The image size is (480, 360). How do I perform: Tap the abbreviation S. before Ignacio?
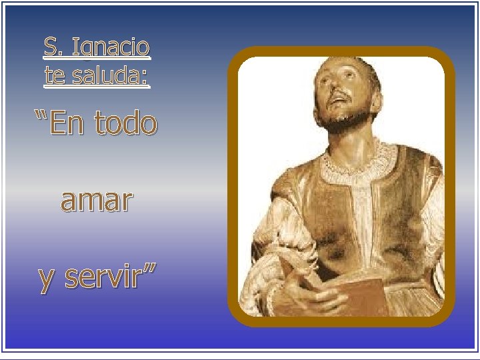tap(53, 47)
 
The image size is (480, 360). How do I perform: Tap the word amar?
tap(97, 200)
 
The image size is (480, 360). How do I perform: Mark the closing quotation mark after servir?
tap(150, 270)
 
